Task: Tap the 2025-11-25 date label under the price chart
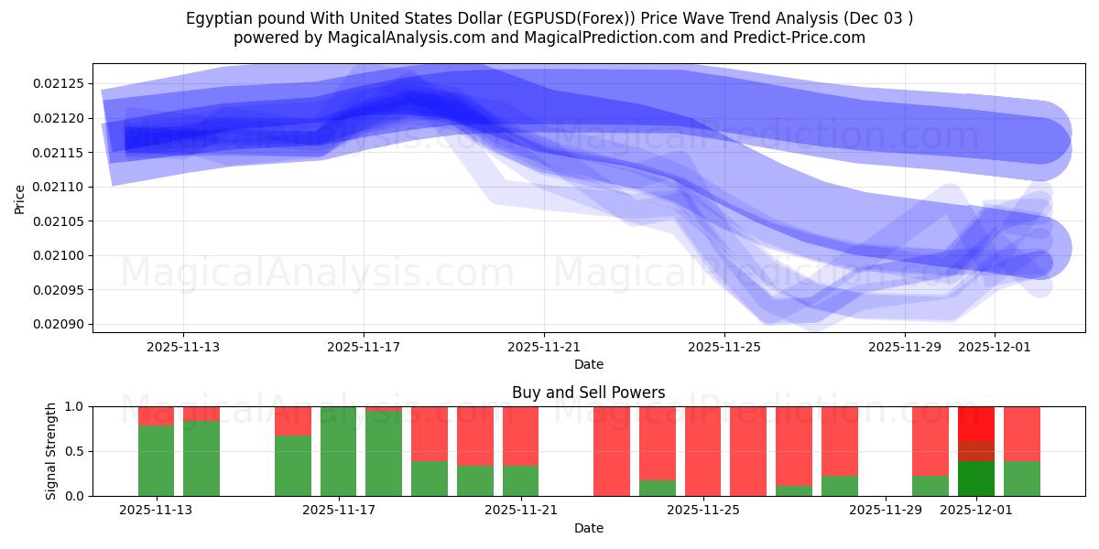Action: [x=724, y=347]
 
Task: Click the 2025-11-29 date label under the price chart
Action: [x=905, y=347]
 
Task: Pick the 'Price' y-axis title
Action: [x=20, y=199]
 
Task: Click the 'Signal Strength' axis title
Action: [x=51, y=451]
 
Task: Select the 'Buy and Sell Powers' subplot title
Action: [x=588, y=393]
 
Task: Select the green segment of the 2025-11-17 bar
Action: [x=338, y=452]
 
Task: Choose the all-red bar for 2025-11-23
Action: [x=611, y=451]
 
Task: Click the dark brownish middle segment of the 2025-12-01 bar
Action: [x=976, y=451]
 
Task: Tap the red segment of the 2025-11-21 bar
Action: [x=520, y=436]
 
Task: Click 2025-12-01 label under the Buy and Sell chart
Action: [x=976, y=510]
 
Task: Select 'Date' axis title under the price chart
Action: [x=588, y=364]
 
